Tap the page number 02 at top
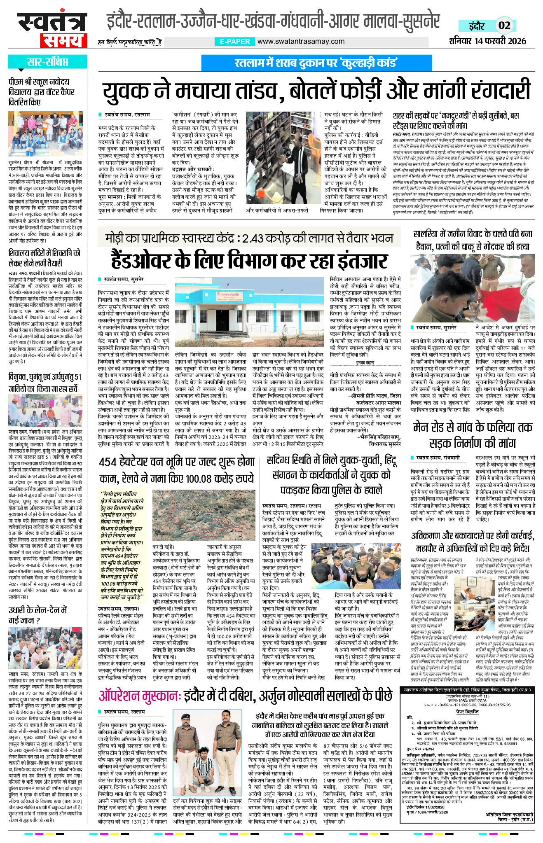tap(504, 26)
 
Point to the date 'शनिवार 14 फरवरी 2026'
tap(488, 41)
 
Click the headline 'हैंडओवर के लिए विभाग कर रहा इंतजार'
tap(249, 261)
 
